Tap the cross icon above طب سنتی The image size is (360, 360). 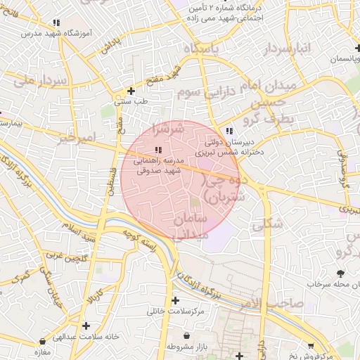coord(131,91)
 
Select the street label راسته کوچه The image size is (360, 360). coord(137,238)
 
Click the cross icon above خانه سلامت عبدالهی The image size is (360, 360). coord(86,326)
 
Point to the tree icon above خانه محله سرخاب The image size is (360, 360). coord(340,273)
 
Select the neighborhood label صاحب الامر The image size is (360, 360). coord(280,304)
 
